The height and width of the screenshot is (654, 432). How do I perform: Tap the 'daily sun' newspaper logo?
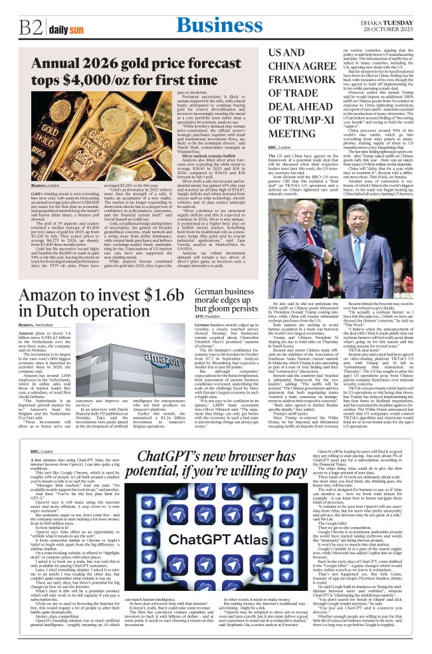65,30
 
